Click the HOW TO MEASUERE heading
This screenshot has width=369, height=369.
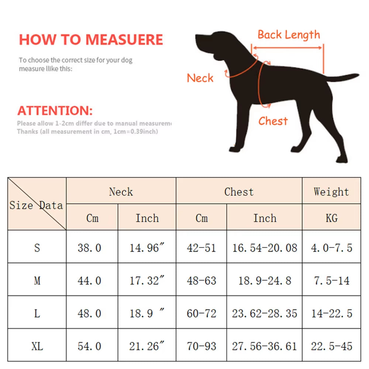[91, 40]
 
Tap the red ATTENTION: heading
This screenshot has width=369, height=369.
[55, 111]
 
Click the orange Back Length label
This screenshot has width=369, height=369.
[289, 35]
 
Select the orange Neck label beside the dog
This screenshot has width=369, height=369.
[200, 78]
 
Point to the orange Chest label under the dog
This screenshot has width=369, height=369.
[273, 121]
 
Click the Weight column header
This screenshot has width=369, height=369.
[331, 192]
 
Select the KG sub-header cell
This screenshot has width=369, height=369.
[331, 218]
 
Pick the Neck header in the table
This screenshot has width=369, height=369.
[121, 192]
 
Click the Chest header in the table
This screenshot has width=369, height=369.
[239, 192]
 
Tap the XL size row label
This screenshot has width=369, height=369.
[37, 346]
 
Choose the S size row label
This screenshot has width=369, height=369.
[37, 248]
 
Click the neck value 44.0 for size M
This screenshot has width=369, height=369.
[89, 281]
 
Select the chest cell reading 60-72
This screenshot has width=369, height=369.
[201, 314]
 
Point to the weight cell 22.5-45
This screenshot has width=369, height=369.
[331, 346]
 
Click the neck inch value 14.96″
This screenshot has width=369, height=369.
[146, 248]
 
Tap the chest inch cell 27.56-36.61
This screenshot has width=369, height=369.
[264, 346]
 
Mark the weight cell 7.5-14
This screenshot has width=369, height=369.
[331, 281]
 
